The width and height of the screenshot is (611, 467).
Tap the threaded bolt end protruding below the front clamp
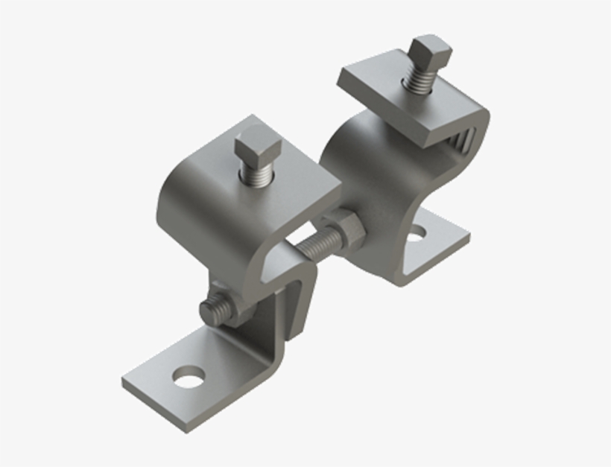click(x=215, y=308)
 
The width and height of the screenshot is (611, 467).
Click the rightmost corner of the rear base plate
click(x=469, y=240)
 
